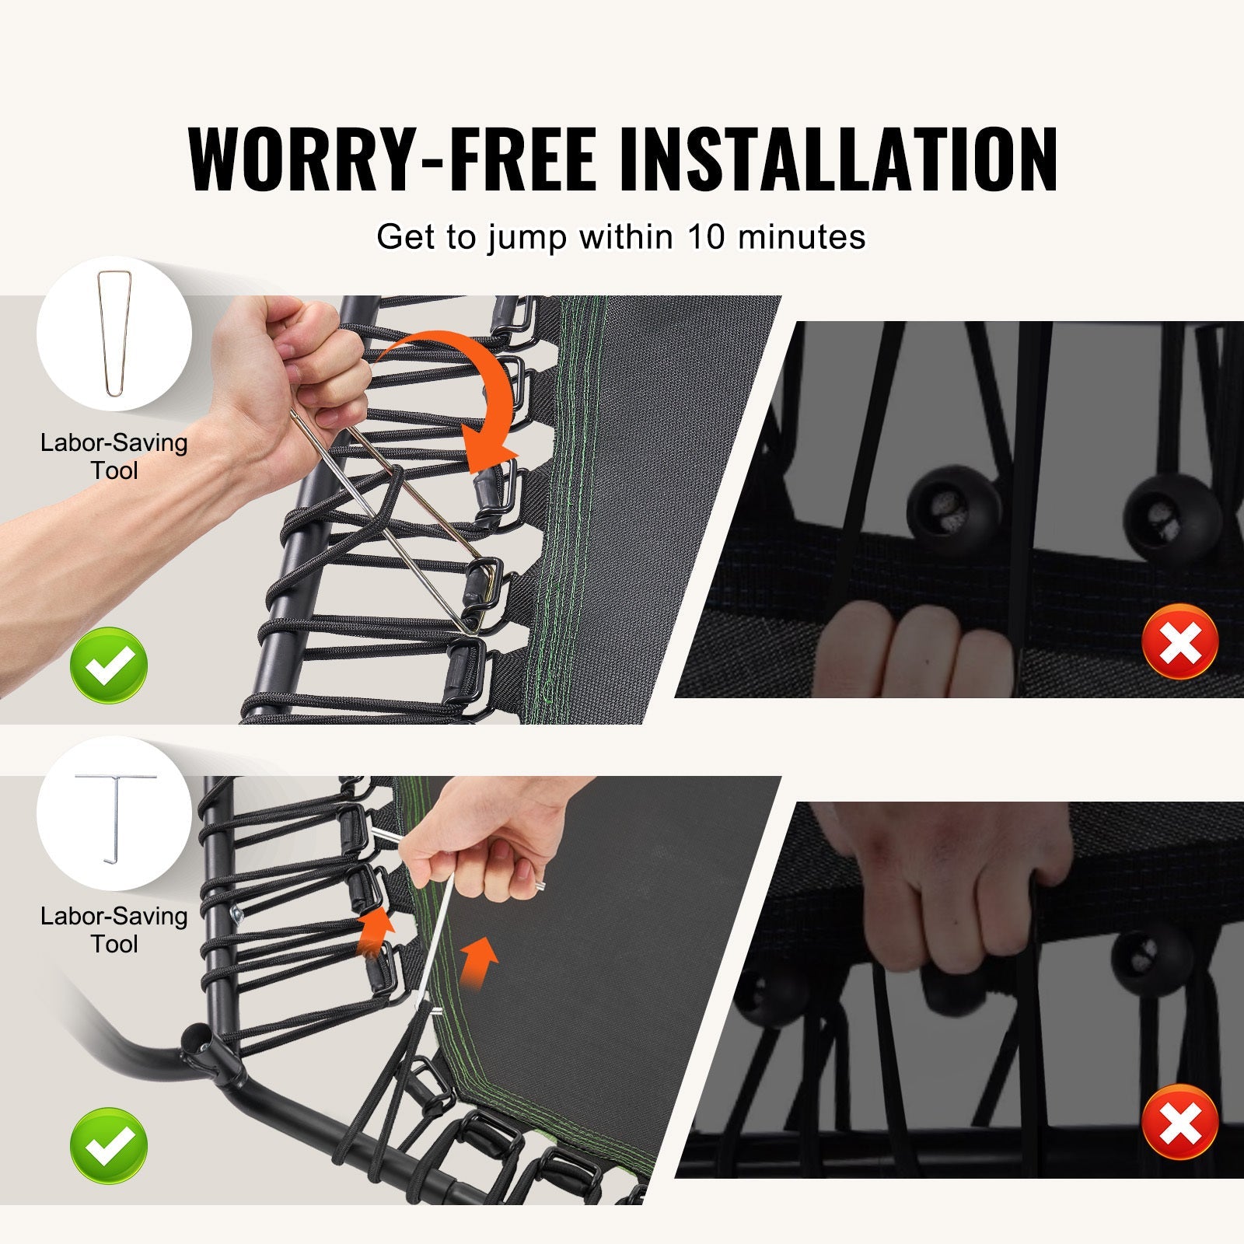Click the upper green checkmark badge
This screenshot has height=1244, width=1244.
tap(109, 666)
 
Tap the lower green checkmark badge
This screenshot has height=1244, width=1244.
tap(109, 1147)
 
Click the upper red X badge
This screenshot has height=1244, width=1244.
tap(1179, 641)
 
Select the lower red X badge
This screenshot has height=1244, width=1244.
tap(1179, 1123)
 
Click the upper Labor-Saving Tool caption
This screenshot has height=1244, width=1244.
tap(114, 456)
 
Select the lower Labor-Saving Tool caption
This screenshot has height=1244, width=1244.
tap(114, 930)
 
